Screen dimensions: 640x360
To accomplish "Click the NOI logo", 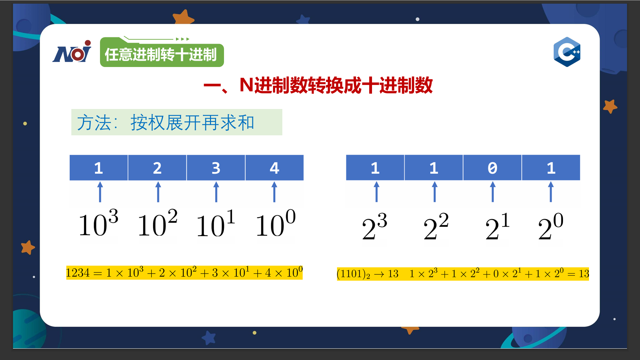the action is pyautogui.click(x=72, y=51).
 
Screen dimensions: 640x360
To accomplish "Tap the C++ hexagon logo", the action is pyautogui.click(x=567, y=52).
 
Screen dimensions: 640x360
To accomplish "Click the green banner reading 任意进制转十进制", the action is pyautogui.click(x=162, y=55).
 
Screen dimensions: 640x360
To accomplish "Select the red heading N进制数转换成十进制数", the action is pyautogui.click(x=318, y=85).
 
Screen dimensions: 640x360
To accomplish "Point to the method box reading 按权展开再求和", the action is pyautogui.click(x=177, y=122).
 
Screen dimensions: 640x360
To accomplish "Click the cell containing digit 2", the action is pyautogui.click(x=157, y=168).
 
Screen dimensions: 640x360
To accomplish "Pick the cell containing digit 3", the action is pyautogui.click(x=216, y=168).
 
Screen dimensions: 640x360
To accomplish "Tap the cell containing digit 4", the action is pyautogui.click(x=275, y=168).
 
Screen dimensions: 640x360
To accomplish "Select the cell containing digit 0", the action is pyautogui.click(x=492, y=168).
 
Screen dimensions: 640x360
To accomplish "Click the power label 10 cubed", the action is pyautogui.click(x=98, y=223).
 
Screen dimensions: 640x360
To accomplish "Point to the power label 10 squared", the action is pyautogui.click(x=157, y=223).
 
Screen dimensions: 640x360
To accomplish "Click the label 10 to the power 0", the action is pyautogui.click(x=276, y=223).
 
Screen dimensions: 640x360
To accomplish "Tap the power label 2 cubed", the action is pyautogui.click(x=375, y=226).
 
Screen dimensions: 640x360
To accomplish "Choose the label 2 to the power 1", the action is pyautogui.click(x=497, y=226).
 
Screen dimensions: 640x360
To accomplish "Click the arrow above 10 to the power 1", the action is pyautogui.click(x=216, y=192).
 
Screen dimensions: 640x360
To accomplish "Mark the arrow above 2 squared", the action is pyautogui.click(x=434, y=192).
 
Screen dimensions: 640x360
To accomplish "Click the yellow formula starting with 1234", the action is pyautogui.click(x=184, y=273).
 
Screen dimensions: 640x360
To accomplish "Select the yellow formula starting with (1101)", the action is pyautogui.click(x=463, y=274).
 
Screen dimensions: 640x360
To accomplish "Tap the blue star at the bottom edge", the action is pyautogui.click(x=209, y=338).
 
